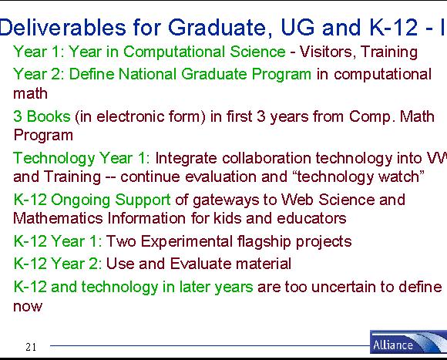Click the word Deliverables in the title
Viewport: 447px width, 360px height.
(62, 27)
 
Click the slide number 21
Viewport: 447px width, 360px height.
(31, 347)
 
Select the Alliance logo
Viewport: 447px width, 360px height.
(408, 342)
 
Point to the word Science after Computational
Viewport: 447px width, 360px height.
(257, 52)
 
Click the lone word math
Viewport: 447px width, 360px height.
(31, 93)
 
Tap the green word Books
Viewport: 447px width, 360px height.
(49, 116)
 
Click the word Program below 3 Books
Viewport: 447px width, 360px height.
(43, 135)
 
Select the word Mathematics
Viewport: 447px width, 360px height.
(58, 219)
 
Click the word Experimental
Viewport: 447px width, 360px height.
(187, 241)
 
